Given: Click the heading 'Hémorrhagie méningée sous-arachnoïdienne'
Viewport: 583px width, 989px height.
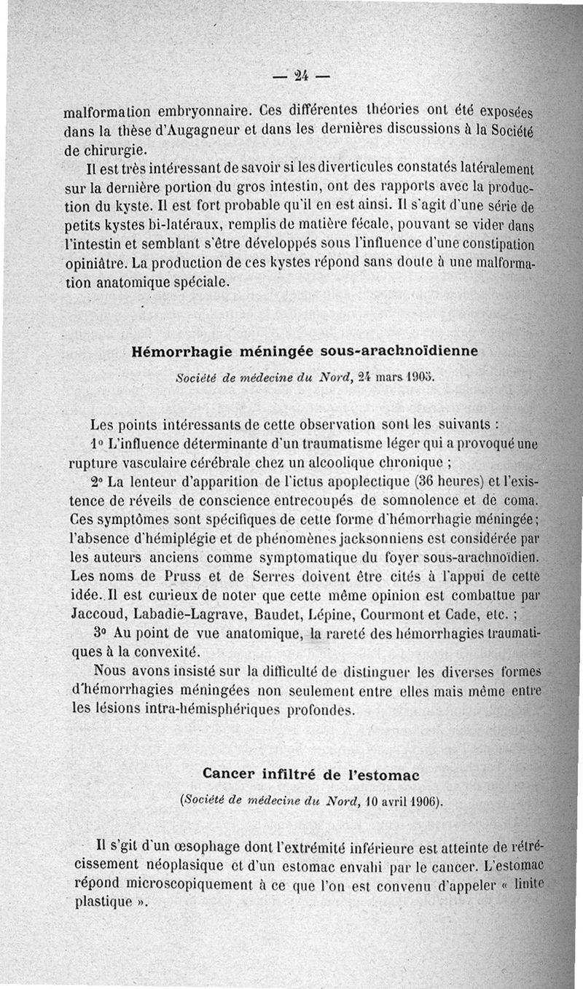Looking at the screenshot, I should click(305, 351).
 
